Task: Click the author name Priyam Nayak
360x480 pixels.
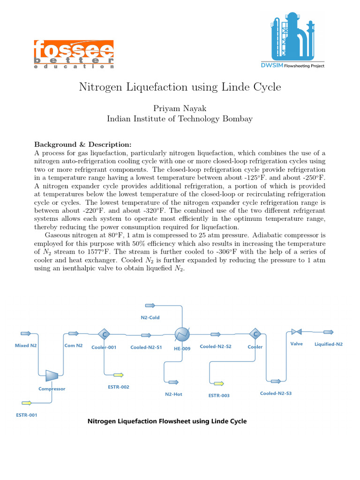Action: point(180,108)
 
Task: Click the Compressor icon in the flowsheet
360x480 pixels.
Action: point(52,375)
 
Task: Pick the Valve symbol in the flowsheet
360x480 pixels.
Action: point(296,332)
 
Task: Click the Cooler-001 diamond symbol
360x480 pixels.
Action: point(104,334)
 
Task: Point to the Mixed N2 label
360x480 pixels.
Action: point(26,345)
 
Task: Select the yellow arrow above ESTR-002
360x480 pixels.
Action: point(118,375)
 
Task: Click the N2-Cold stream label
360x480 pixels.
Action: point(150,317)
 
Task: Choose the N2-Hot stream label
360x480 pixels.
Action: point(173,394)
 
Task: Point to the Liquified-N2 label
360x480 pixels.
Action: point(328,344)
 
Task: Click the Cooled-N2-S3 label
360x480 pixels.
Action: point(276,393)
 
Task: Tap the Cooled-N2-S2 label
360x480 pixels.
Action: point(216,346)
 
